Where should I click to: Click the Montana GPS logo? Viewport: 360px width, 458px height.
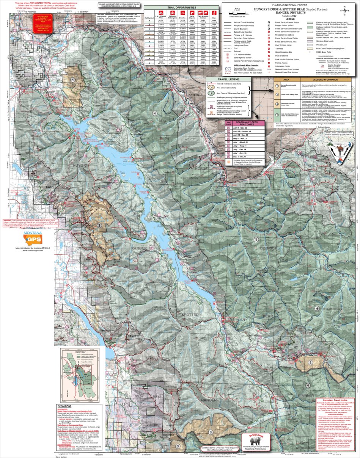33,239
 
